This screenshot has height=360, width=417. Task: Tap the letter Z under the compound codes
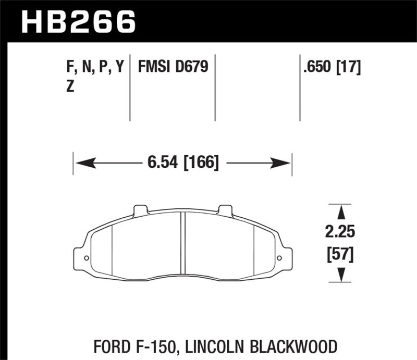(x=70, y=88)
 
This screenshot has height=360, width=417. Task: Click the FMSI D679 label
(x=173, y=67)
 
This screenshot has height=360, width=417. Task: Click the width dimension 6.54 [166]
(x=182, y=164)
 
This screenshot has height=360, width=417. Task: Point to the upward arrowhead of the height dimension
(x=342, y=211)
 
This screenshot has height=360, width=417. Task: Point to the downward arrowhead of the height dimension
(x=342, y=275)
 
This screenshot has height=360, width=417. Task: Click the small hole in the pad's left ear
(x=86, y=258)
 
